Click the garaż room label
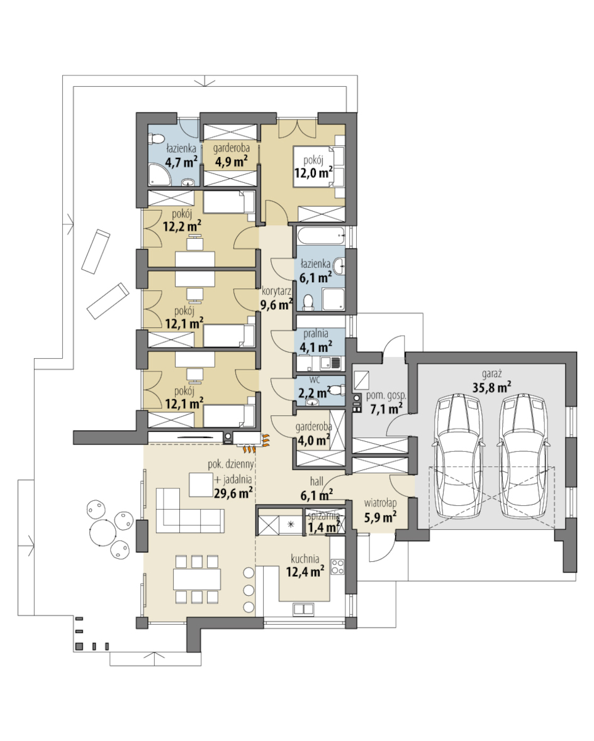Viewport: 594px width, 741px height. (492, 375)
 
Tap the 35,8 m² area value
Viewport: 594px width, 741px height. (492, 388)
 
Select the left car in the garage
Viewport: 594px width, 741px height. (459, 456)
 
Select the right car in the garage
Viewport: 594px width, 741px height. (524, 456)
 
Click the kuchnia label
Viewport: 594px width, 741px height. (305, 559)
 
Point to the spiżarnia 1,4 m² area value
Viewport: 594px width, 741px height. (323, 526)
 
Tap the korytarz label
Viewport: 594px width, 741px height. (276, 292)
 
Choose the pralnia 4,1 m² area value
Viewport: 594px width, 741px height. (316, 347)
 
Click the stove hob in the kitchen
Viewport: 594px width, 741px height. (337, 566)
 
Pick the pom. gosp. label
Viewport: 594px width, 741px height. (386, 396)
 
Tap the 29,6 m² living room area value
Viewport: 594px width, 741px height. (233, 493)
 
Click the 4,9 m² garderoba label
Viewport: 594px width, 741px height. (232, 148)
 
